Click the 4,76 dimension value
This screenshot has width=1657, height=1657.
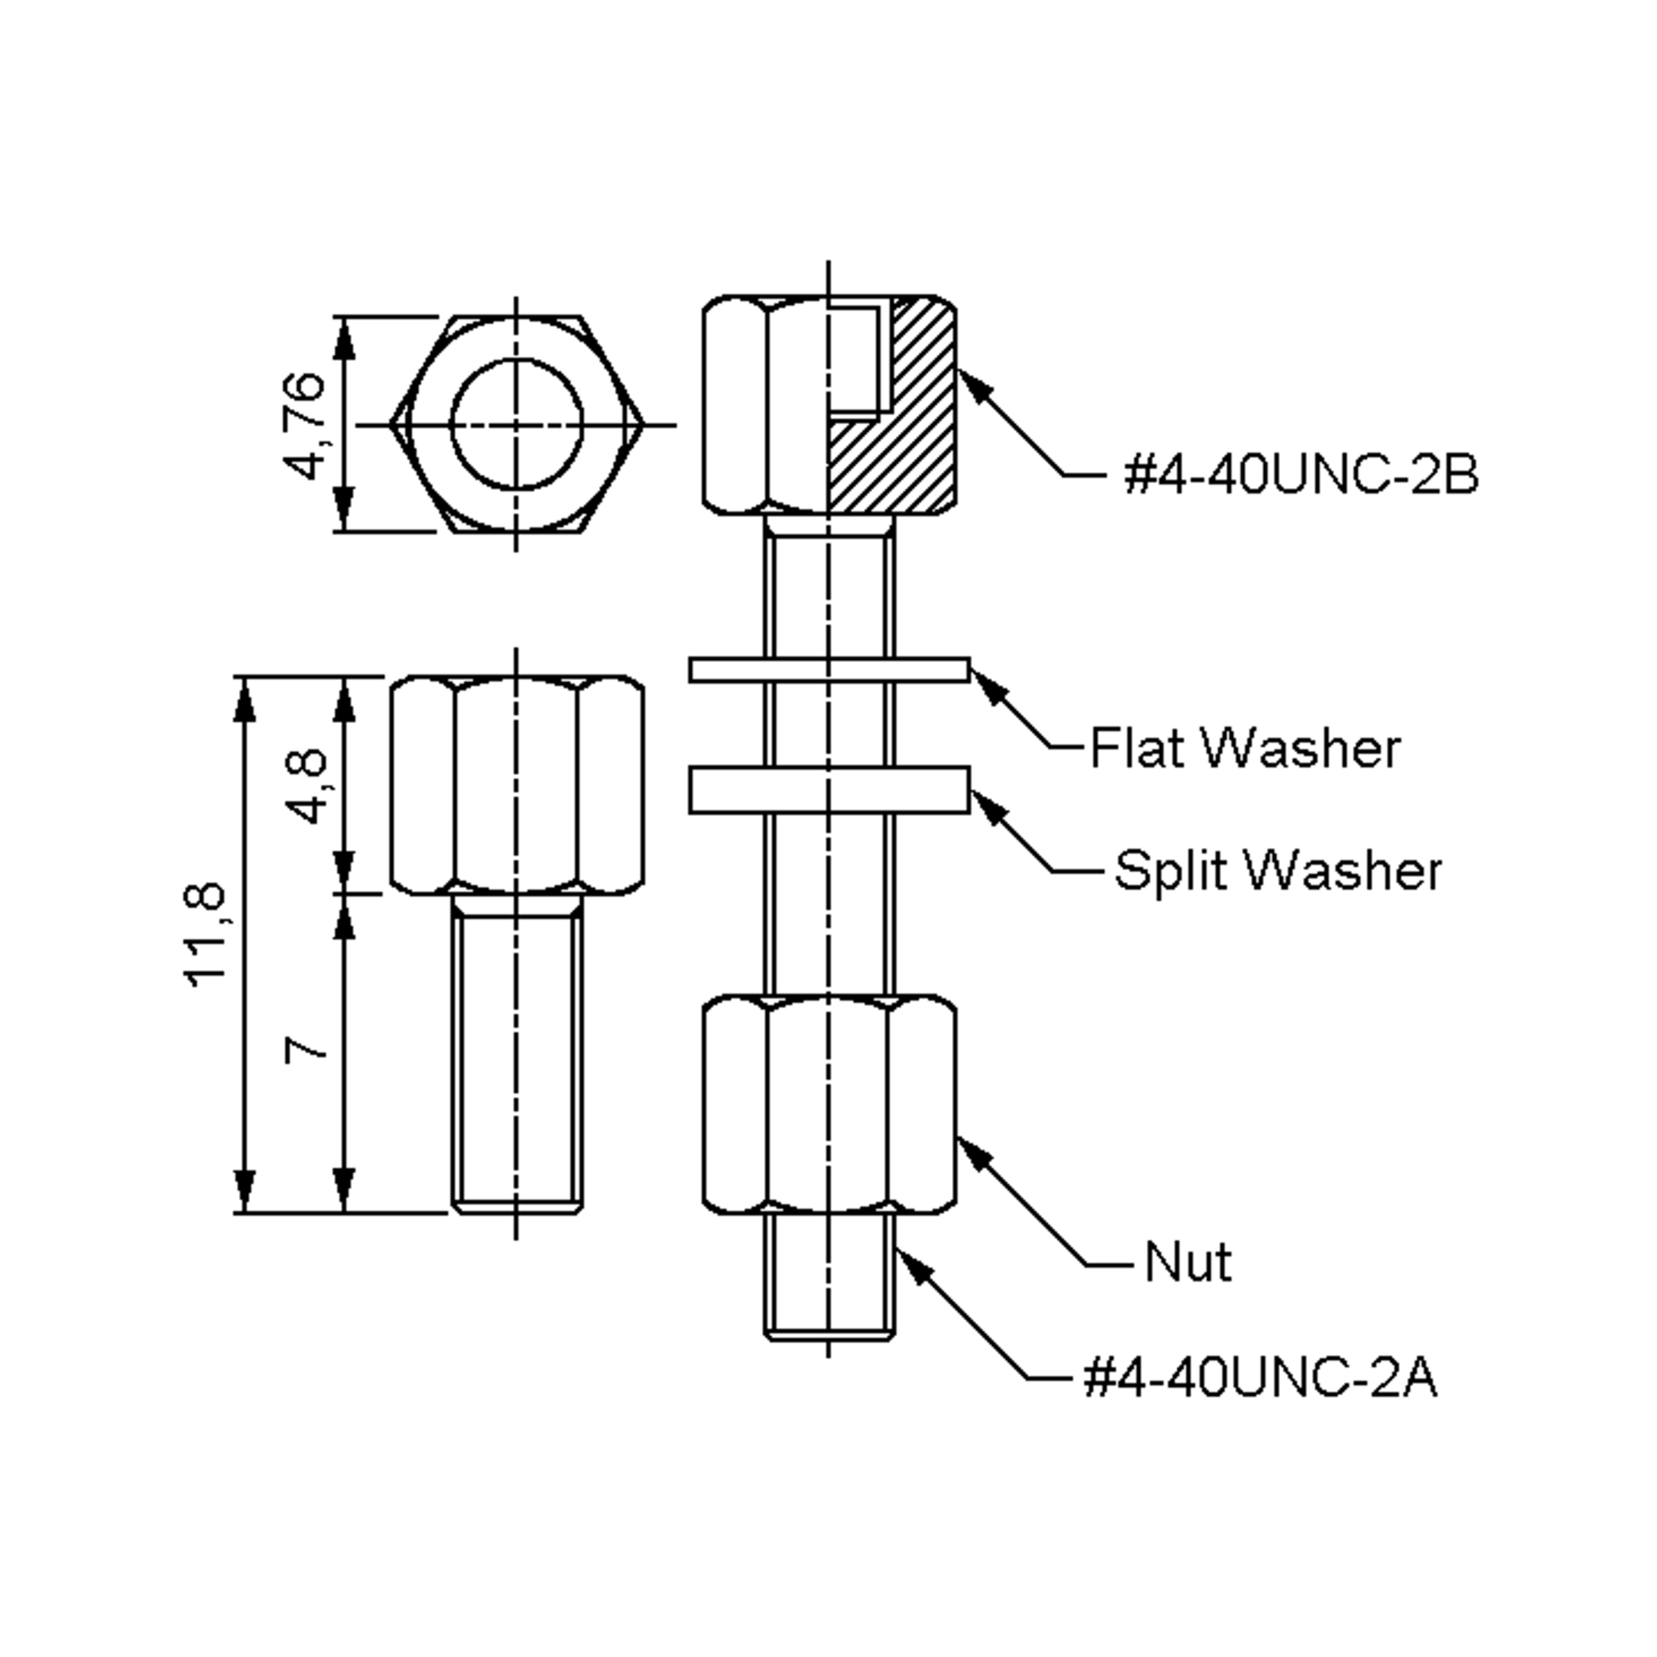(304, 425)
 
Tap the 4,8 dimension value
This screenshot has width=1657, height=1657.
(306, 786)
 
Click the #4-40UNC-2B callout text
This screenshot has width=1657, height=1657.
(1301, 474)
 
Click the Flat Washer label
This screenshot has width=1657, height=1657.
(1246, 748)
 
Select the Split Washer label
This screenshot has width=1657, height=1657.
(1278, 871)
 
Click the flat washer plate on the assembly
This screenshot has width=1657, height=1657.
(829, 670)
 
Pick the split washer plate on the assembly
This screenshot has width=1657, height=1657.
(829, 789)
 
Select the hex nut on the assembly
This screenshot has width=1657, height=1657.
(829, 1105)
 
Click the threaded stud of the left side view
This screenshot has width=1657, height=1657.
(517, 1054)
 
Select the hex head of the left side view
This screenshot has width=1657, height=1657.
(517, 786)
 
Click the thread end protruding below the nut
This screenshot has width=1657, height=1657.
(829, 1277)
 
